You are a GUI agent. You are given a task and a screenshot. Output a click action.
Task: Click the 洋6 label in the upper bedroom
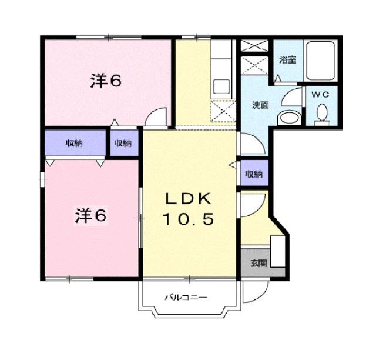[105, 81]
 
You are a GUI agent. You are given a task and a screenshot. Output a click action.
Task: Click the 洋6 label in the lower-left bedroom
[90, 216]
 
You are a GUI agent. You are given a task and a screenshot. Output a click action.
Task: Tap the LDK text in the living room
[187, 198]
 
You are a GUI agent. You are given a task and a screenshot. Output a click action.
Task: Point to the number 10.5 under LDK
[188, 221]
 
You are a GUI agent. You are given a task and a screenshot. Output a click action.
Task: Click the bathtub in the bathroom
[322, 62]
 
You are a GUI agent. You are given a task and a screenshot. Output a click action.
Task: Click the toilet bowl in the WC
[322, 112]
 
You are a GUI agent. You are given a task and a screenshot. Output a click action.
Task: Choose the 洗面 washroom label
[260, 105]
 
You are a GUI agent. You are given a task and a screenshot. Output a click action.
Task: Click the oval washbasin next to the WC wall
[288, 117]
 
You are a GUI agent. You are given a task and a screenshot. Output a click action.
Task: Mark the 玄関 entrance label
[258, 263]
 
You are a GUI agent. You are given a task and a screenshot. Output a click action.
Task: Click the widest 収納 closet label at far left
[73, 143]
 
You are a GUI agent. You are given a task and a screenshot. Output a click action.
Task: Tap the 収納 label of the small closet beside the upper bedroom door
[123, 143]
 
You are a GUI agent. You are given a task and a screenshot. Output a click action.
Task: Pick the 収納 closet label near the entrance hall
[254, 174]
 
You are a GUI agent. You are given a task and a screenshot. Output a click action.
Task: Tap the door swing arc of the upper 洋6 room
[156, 116]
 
